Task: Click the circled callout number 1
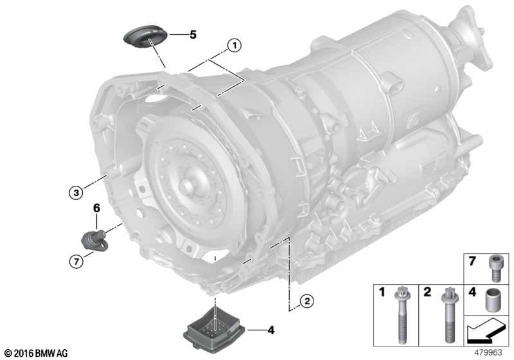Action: coord(235,46)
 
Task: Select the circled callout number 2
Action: coord(307,301)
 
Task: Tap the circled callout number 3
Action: coord(76,192)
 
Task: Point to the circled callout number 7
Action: coord(76,261)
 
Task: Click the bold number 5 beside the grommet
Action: coord(193,35)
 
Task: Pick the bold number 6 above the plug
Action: coord(96,208)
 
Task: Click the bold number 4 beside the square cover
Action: coord(270,330)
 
